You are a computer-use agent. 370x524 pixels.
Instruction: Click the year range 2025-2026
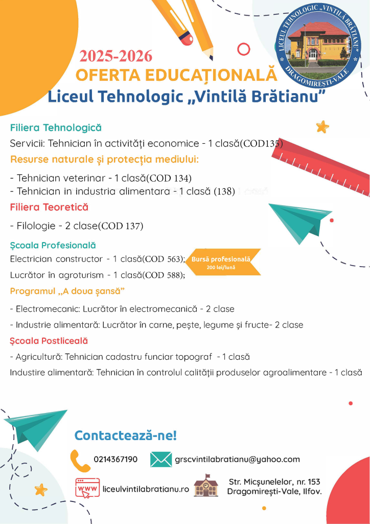point(115,56)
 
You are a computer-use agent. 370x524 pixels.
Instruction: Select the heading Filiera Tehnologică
point(56,127)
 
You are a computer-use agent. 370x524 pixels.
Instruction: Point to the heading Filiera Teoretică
point(49,207)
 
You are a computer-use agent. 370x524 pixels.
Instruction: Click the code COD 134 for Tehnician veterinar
point(170,178)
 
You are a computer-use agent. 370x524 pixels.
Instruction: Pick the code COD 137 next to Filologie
point(122,226)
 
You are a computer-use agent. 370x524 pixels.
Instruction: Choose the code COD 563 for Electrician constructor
point(164,259)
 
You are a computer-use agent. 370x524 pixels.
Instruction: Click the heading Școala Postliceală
point(49,341)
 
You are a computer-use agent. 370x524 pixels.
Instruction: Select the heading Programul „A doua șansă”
point(67,291)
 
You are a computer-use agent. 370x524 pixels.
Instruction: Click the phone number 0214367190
point(115,459)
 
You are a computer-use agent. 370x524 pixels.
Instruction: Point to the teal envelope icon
point(161,459)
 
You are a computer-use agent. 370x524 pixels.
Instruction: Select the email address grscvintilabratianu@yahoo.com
point(237,460)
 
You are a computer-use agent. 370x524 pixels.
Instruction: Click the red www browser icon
point(88,488)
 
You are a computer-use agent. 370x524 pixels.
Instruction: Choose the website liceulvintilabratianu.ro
point(146,489)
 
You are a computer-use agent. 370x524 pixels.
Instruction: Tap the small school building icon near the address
point(206,486)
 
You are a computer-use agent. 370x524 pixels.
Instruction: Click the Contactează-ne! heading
point(125,435)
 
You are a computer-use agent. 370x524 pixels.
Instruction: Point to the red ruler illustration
point(321,168)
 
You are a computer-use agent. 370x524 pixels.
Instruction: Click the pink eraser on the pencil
point(186,38)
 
